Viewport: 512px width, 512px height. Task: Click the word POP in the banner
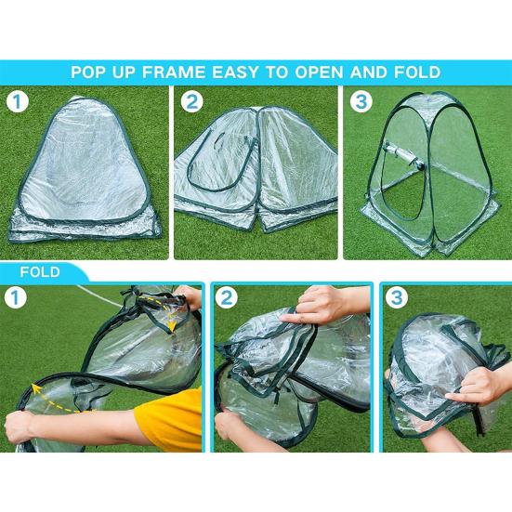(x=87, y=72)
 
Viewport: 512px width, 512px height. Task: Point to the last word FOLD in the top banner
(x=417, y=72)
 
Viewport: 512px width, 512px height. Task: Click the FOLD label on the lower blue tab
(x=40, y=272)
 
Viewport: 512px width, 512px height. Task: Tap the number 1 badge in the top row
(x=18, y=101)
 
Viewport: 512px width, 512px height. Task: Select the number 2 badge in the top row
(x=192, y=101)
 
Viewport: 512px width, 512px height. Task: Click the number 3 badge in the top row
(x=361, y=101)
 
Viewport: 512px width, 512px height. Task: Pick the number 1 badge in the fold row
(x=15, y=297)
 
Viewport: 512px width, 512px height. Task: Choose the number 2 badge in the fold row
(x=227, y=297)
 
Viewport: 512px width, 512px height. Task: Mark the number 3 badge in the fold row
(x=397, y=297)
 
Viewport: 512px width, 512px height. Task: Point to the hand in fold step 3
(x=474, y=386)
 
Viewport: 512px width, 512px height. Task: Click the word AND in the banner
(x=369, y=72)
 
